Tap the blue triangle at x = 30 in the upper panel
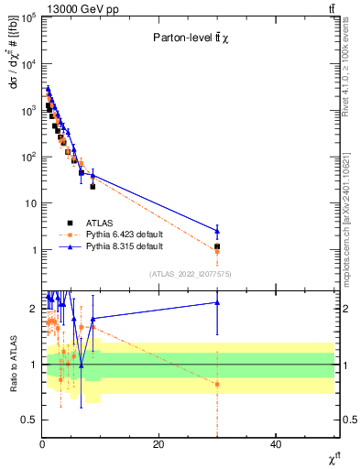217,231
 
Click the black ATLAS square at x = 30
217,246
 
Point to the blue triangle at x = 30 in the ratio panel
217,302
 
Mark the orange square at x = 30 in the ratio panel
217,384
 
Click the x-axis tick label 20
158,445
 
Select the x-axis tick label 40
276,445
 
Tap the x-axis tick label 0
42,445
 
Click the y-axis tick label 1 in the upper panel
32,250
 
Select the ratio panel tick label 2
33,308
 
